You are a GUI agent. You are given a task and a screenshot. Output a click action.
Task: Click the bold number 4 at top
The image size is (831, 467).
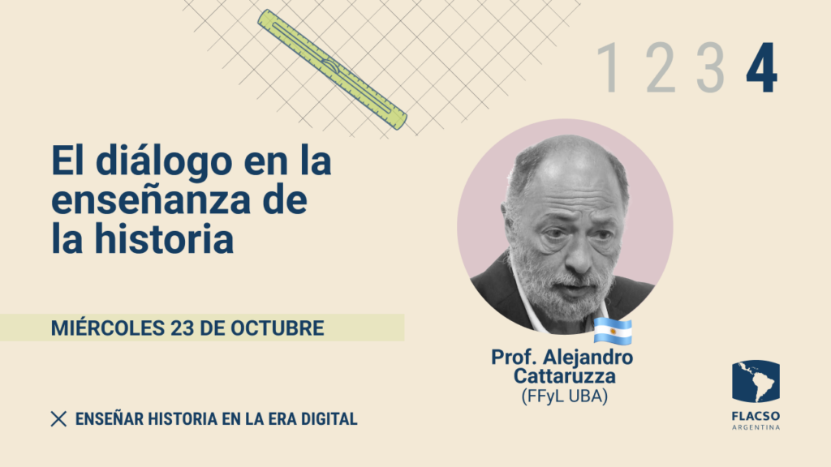point(761,67)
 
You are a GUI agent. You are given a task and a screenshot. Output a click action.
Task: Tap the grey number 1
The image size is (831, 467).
point(608,67)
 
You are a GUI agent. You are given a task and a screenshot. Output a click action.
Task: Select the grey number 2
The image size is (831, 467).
point(661,67)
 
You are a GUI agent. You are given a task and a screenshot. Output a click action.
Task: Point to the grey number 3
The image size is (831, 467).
point(710,67)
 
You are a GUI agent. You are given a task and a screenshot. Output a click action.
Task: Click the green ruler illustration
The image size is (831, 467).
point(332,70)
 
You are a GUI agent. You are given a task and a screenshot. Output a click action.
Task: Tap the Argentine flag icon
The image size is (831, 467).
point(613,331)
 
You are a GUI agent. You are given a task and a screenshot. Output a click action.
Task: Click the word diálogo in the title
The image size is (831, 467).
point(164,161)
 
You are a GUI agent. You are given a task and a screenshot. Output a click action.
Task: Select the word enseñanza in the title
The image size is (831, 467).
point(150,200)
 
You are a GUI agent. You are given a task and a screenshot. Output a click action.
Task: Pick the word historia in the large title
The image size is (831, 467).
point(164,239)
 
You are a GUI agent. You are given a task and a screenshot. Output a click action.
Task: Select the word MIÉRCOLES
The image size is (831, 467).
point(108,328)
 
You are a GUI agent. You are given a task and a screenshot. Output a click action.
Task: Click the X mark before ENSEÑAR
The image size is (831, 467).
point(58,419)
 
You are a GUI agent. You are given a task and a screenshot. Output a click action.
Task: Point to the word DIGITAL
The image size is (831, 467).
point(329,419)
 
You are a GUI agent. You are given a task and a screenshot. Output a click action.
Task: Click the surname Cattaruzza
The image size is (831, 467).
point(565,376)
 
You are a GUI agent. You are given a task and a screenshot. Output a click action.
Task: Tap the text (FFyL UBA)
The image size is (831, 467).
point(565,396)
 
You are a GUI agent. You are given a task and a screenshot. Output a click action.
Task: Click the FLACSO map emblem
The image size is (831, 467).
point(756,381)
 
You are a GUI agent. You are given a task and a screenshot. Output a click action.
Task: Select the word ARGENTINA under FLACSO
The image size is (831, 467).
point(756,427)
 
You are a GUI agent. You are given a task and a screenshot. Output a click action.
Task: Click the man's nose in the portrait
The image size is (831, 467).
point(579,254)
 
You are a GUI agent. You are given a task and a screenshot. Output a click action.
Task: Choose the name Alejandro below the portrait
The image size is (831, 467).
point(588,357)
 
